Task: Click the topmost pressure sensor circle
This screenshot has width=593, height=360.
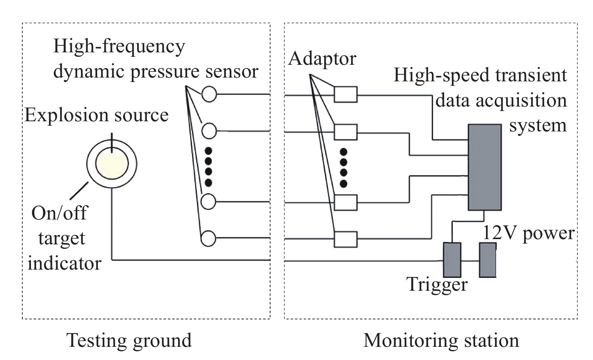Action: pos(209,94)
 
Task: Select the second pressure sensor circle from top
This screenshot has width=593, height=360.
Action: pos(209,131)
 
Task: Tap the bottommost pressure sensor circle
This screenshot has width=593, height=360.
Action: pos(208,238)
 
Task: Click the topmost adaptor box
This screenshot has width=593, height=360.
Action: pos(346,94)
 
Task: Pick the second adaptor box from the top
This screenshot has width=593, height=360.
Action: pos(346,132)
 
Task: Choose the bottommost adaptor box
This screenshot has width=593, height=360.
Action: pos(346,239)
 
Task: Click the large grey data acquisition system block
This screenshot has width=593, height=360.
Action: pos(485,167)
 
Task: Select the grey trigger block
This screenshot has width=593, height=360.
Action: pos(452,260)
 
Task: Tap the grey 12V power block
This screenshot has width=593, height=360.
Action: pos(488,260)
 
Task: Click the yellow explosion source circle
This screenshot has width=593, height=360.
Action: pos(112,163)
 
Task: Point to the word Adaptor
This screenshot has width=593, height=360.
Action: pos(322,59)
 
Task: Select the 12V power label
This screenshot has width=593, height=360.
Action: pos(528,233)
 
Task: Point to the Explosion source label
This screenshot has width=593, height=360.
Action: pos(97,116)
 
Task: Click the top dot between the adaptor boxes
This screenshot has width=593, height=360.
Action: pos(344,152)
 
